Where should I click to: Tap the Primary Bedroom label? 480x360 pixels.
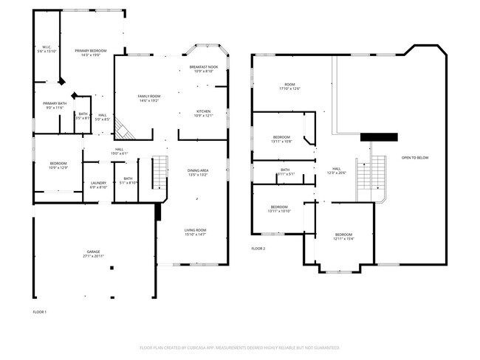click(x=92, y=53)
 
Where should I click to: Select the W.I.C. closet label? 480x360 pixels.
click(x=46, y=49)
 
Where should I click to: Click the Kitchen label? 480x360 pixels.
click(x=202, y=114)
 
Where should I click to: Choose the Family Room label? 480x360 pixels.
click(x=150, y=98)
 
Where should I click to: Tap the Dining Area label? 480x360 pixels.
click(x=198, y=173)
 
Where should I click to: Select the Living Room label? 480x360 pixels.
click(x=195, y=232)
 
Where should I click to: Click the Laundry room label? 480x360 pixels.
click(x=99, y=185)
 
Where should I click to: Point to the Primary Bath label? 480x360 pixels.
click(x=55, y=105)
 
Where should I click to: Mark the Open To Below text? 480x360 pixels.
click(x=415, y=158)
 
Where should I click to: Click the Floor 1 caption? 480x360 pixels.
click(x=40, y=312)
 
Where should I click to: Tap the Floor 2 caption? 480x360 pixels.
click(x=258, y=249)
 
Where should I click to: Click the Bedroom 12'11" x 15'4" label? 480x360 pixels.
click(x=343, y=237)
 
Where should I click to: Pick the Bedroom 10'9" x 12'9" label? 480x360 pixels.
click(x=58, y=165)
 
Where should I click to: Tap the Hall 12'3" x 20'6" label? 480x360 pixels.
click(x=336, y=171)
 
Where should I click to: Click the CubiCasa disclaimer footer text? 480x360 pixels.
click(x=239, y=347)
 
